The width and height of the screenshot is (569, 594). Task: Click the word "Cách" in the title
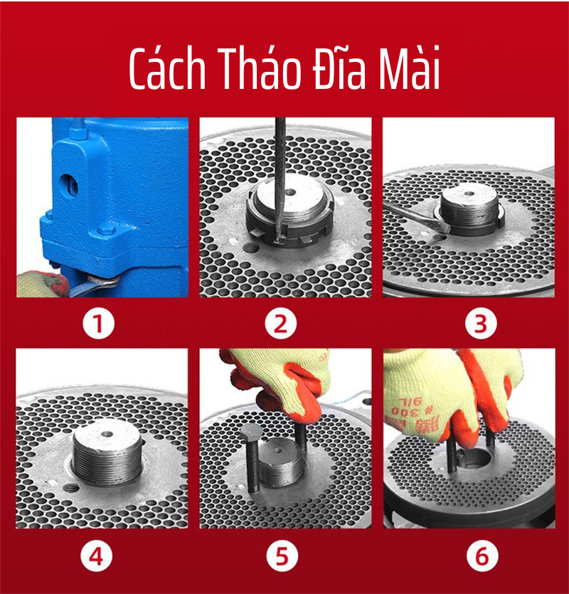167,69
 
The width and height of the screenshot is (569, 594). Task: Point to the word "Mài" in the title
410,68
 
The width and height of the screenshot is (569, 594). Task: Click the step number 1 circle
98,324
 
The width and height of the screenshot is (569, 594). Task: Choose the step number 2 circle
280,324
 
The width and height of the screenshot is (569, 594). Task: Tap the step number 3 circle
481,324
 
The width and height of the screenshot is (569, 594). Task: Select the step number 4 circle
96,557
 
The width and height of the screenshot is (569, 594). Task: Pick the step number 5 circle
282,557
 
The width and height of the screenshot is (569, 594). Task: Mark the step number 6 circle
482,557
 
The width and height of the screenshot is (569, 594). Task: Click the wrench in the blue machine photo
92,287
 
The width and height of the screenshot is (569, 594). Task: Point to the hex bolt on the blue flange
107,229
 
